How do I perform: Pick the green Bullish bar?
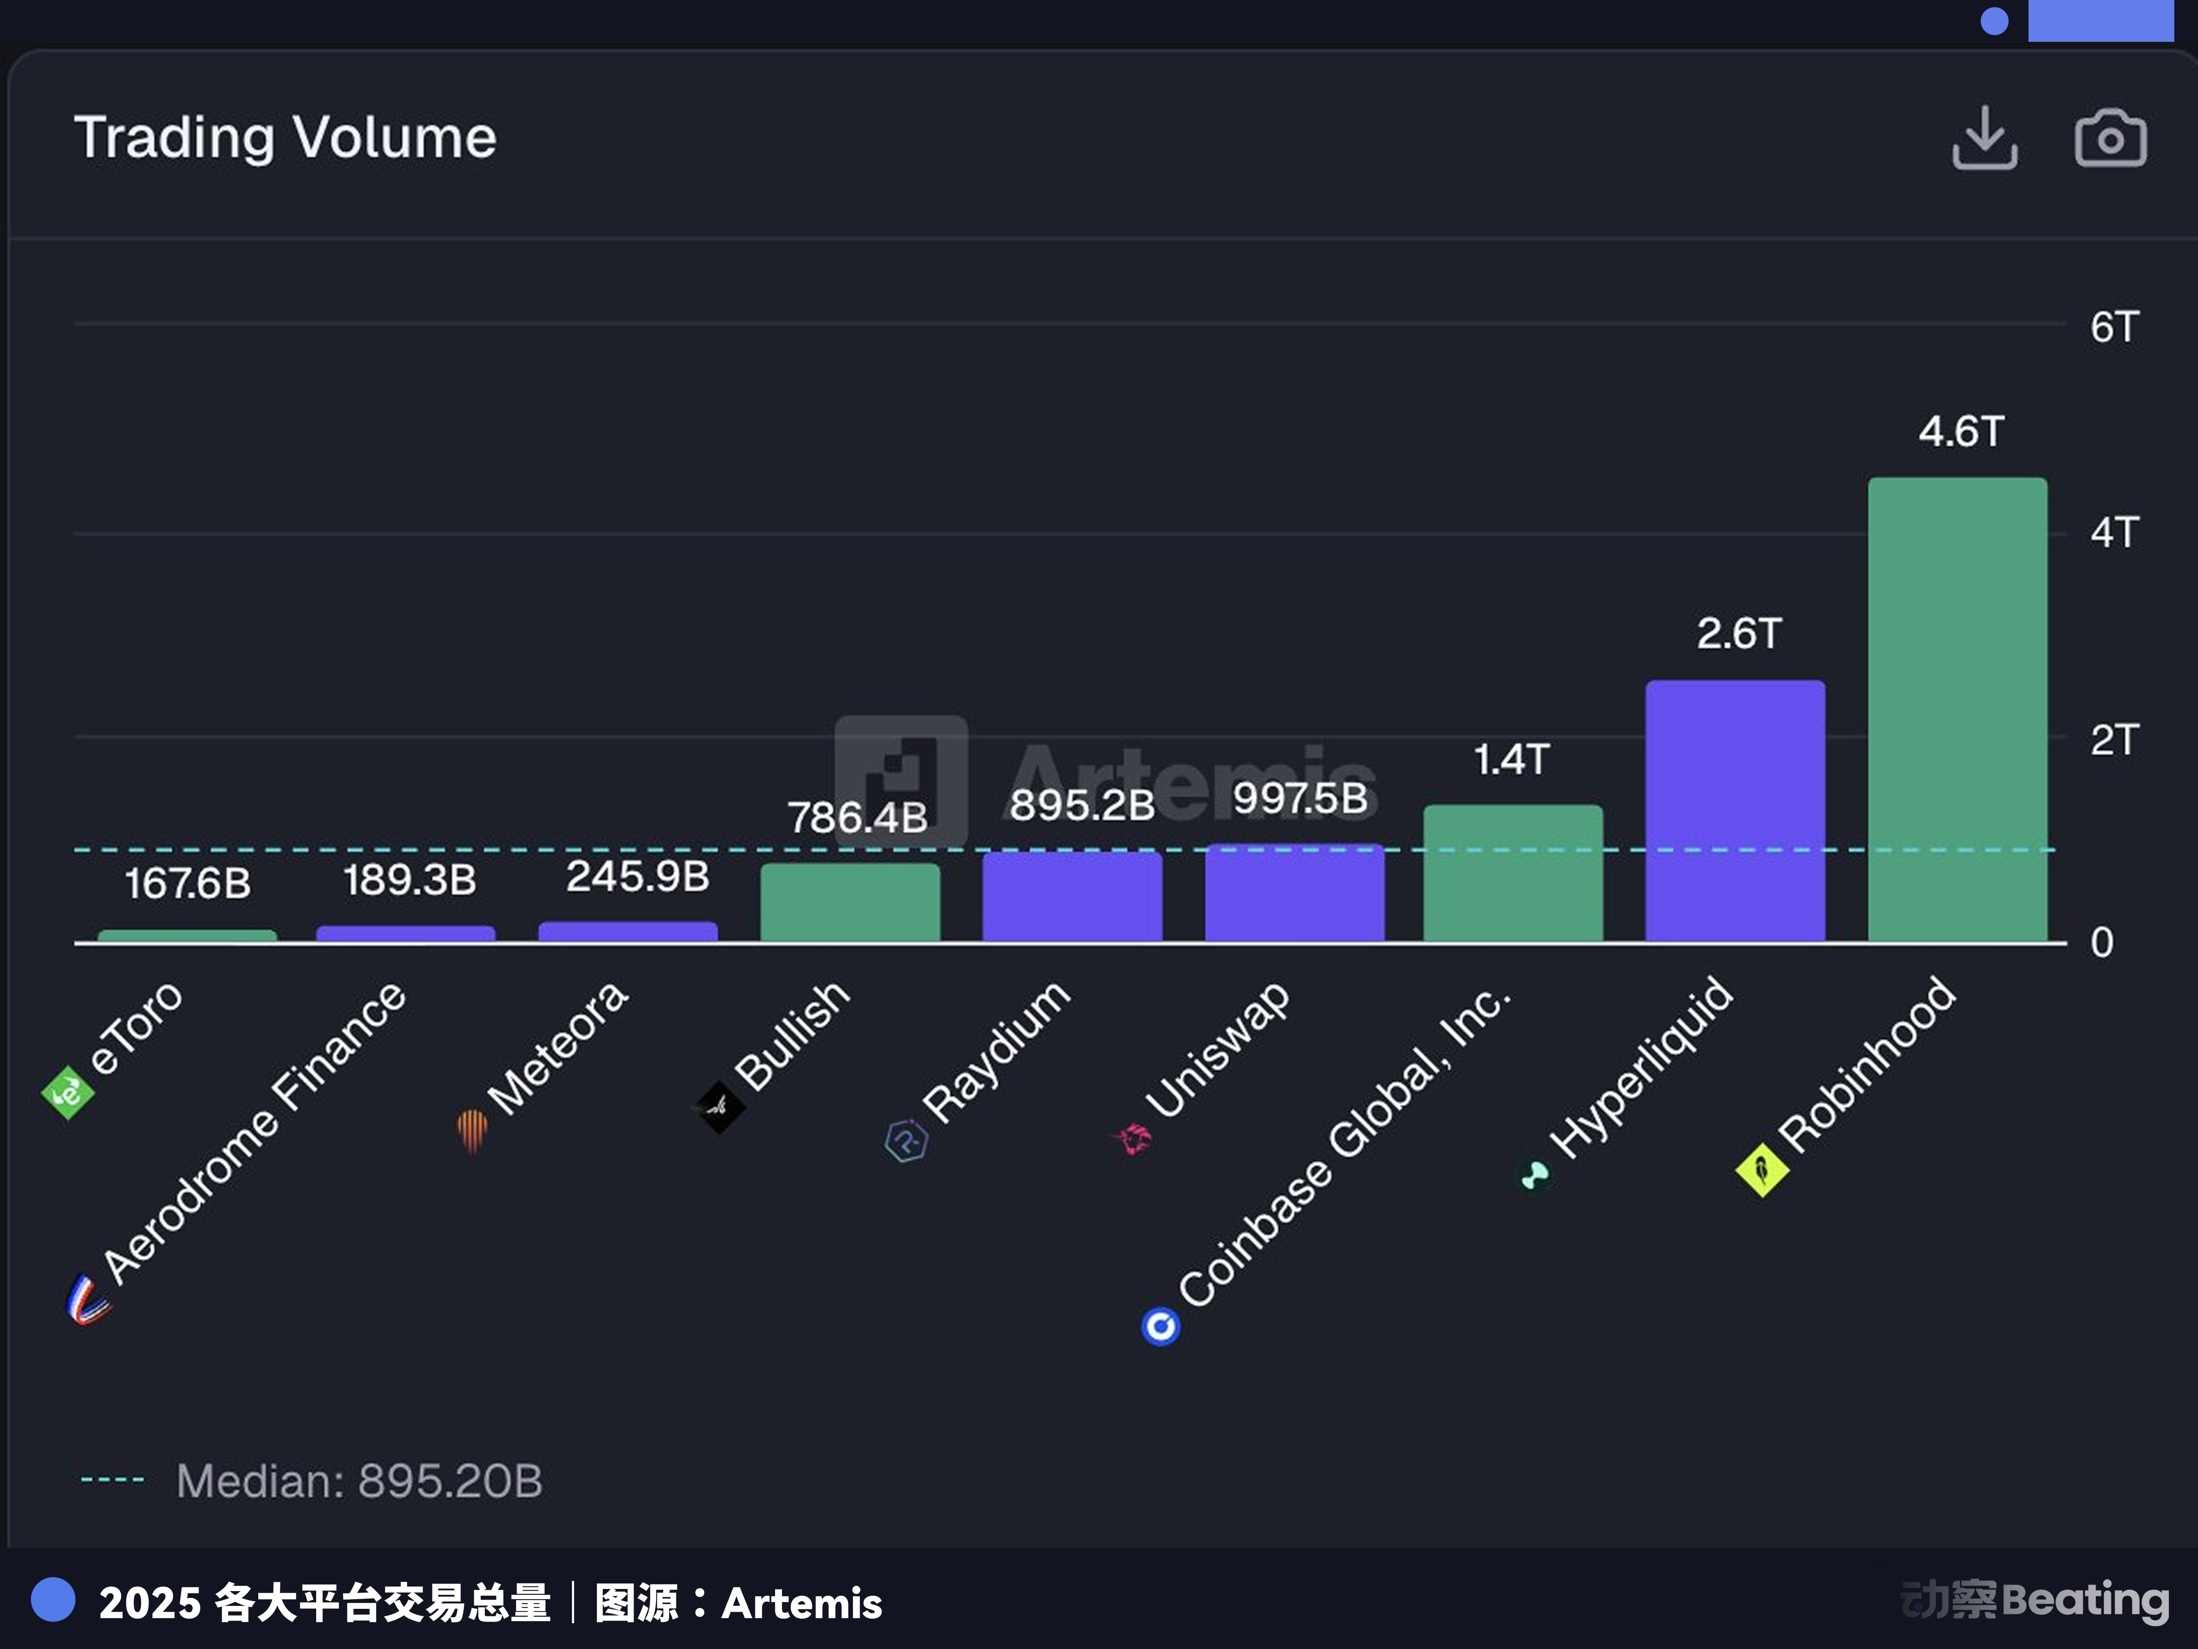click(850, 902)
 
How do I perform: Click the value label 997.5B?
click(1300, 798)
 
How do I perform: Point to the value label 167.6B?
click(188, 883)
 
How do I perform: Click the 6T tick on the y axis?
click(2113, 327)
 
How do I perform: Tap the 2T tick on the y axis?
click(2113, 739)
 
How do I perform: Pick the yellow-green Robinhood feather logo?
click(1762, 1170)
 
